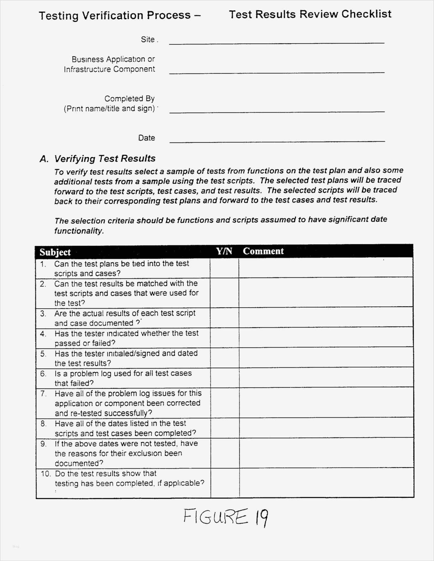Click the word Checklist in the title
click(367, 14)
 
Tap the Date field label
click(147, 138)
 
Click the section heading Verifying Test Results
click(105, 159)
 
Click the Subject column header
click(55, 252)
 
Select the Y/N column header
click(224, 251)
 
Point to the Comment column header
click(263, 251)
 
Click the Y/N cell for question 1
click(224, 268)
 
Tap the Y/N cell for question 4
click(224, 338)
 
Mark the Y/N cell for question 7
click(225, 403)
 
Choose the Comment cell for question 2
click(326, 293)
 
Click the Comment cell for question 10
click(326, 483)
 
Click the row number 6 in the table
click(43, 374)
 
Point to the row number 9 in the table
click(44, 444)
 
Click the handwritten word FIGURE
click(216, 517)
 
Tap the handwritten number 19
click(262, 517)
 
